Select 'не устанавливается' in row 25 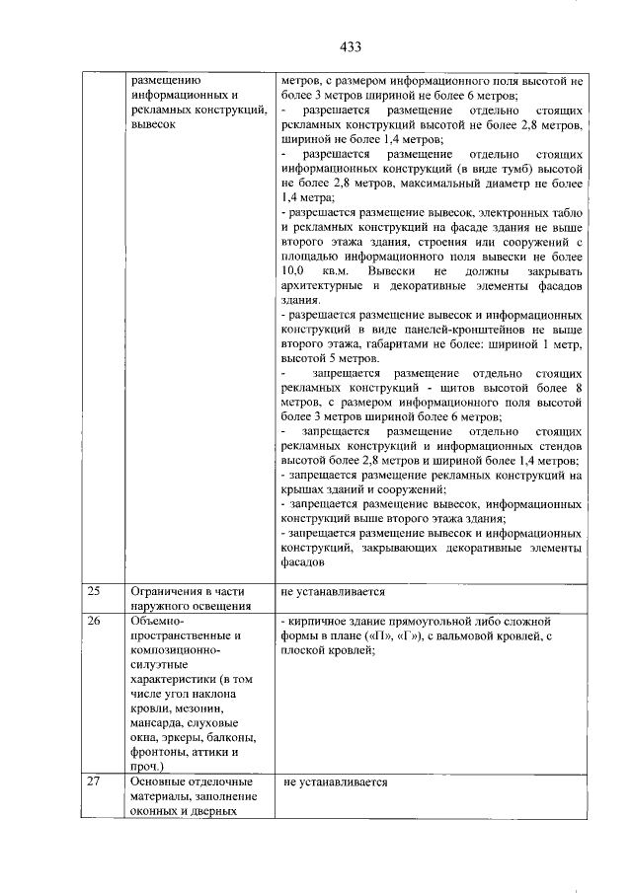click(x=333, y=592)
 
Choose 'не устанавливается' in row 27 click(x=336, y=782)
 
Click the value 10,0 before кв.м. click(x=292, y=270)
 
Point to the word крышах click(x=302, y=488)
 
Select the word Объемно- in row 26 click(x=156, y=621)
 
